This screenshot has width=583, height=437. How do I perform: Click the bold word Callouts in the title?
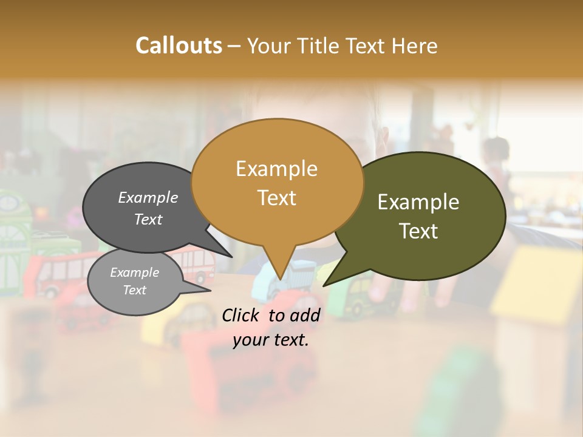(x=179, y=46)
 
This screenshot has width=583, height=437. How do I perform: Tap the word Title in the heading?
(x=321, y=46)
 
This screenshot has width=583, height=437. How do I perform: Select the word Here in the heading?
(x=414, y=46)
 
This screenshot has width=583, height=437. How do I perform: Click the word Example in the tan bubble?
(x=276, y=169)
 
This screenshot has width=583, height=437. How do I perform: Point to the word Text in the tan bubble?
(x=276, y=198)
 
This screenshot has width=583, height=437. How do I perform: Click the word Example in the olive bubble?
(x=418, y=202)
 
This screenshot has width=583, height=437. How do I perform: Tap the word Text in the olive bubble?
(x=418, y=231)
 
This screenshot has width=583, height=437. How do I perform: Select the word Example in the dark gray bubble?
(x=148, y=197)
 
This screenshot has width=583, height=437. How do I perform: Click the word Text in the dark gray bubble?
(x=148, y=219)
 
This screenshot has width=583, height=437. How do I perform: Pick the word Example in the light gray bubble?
(x=134, y=273)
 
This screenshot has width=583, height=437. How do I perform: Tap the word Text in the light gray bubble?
(x=134, y=290)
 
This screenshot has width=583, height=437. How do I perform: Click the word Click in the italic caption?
(x=242, y=315)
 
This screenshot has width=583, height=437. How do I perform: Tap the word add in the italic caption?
(x=305, y=315)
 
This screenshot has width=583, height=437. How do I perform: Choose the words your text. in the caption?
(x=271, y=340)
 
